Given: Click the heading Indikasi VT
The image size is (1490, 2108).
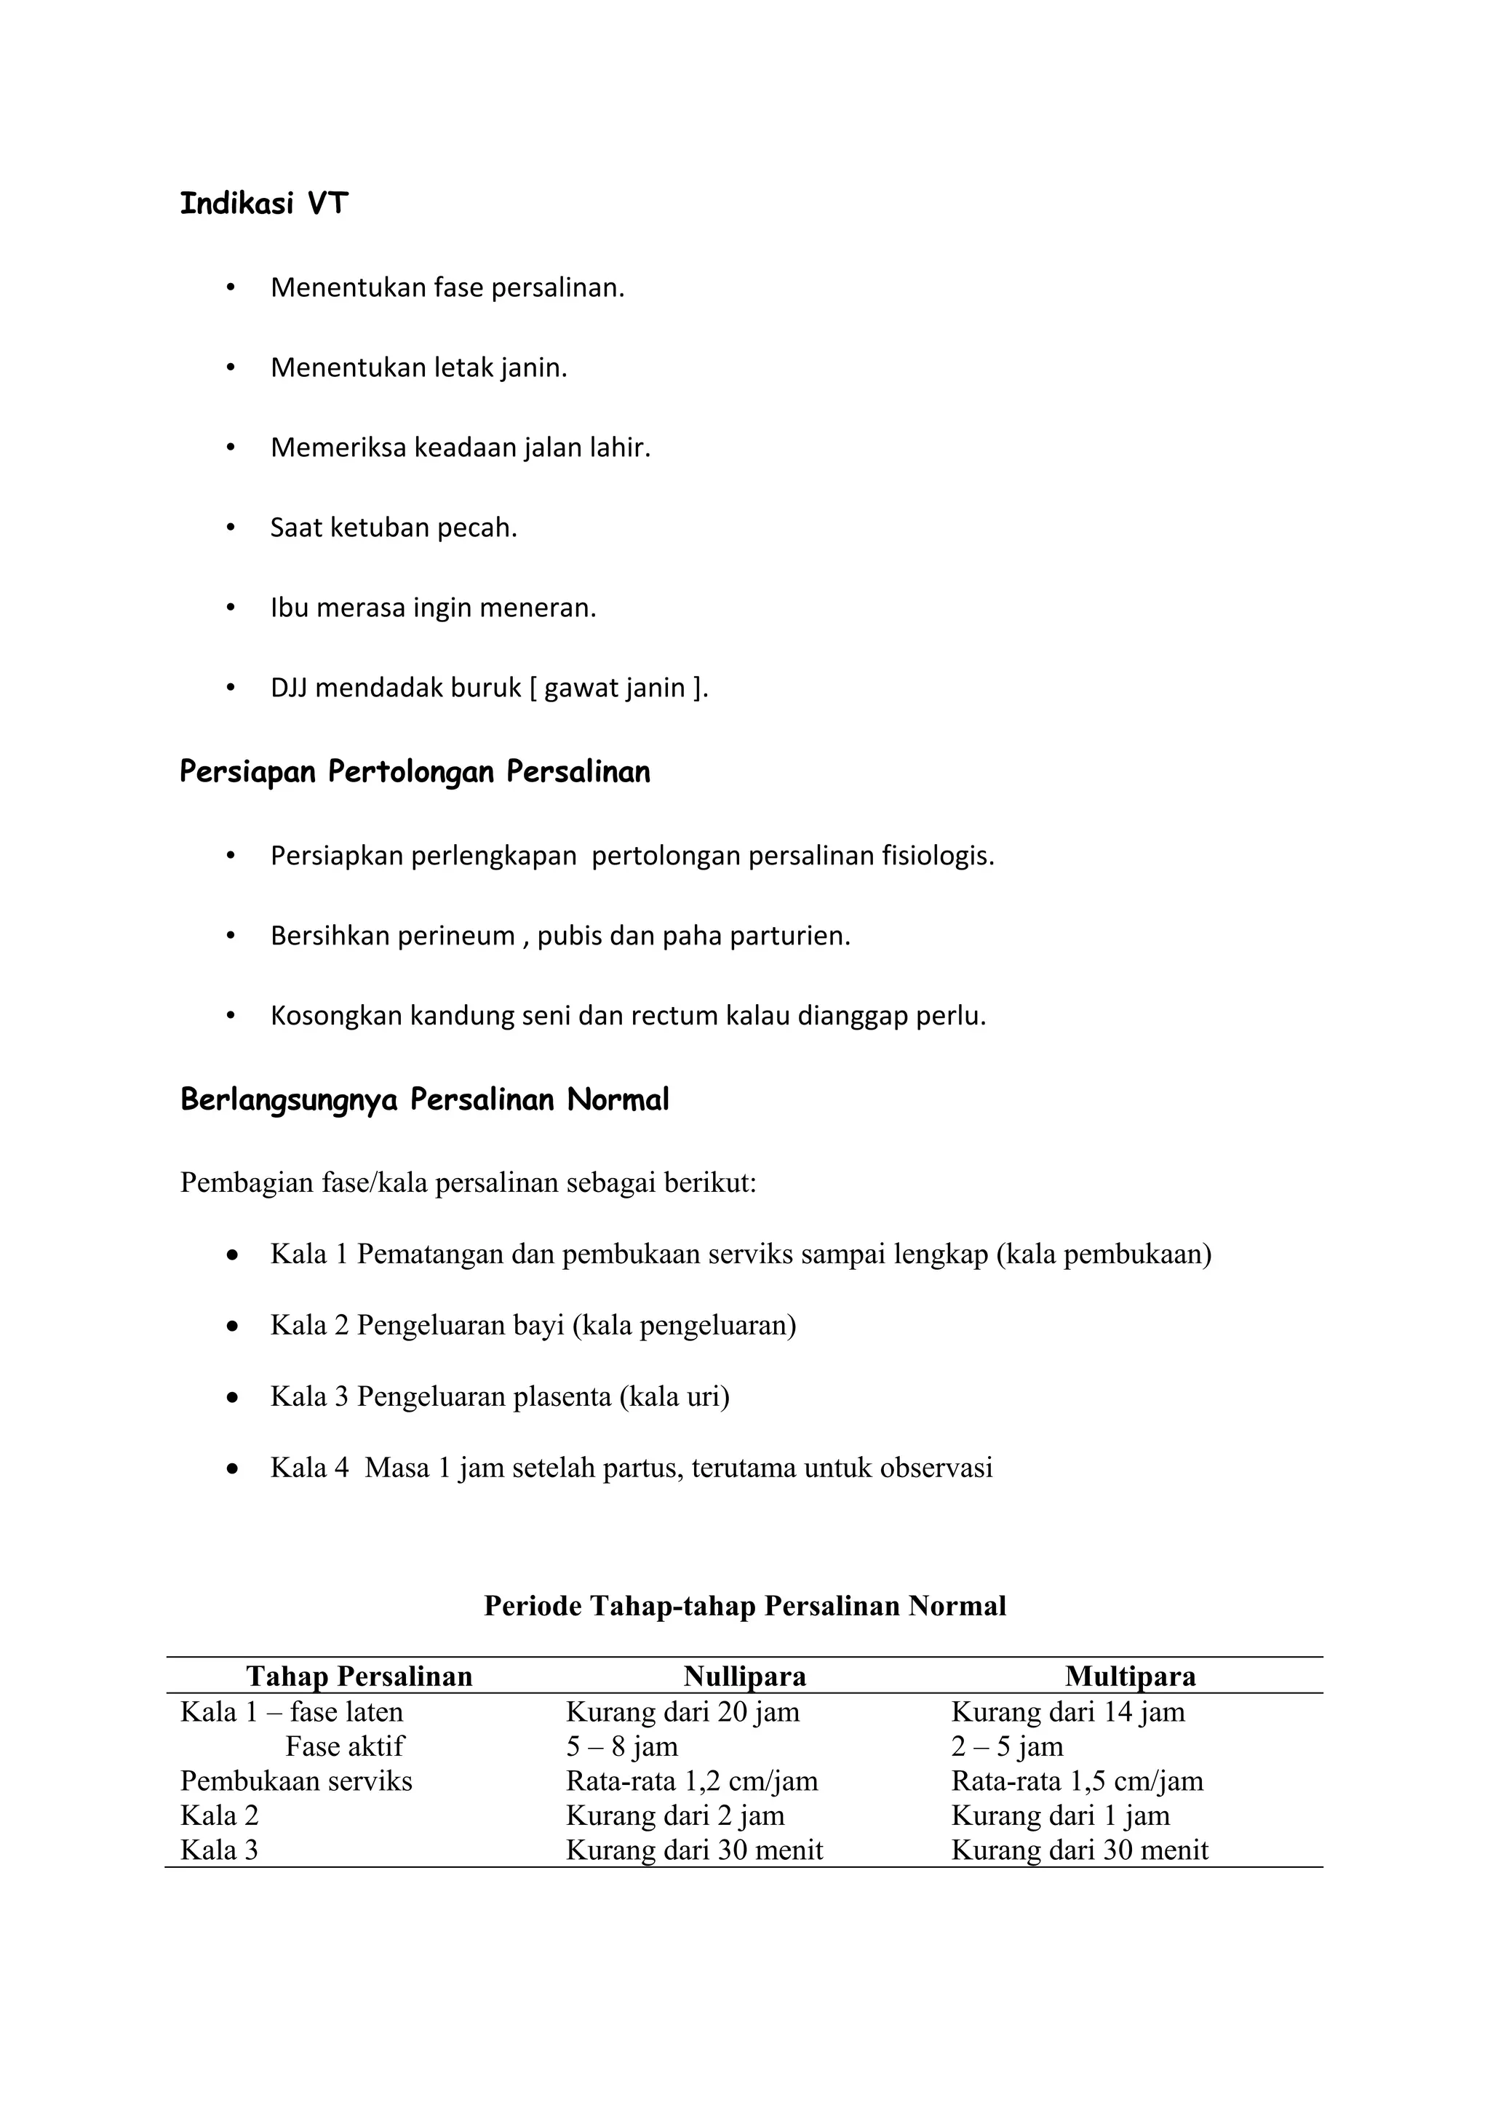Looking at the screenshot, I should click(x=263, y=204).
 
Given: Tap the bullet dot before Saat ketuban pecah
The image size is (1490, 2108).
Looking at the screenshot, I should click(x=231, y=528).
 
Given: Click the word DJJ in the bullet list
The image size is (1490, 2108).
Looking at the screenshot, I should click(x=288, y=688).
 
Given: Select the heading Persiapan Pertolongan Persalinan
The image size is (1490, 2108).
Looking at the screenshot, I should click(x=414, y=772).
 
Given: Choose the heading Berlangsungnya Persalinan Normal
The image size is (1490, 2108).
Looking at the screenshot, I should click(x=424, y=1100).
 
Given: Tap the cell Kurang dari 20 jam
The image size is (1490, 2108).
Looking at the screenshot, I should click(x=682, y=1711).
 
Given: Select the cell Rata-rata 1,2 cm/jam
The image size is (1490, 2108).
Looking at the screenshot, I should click(x=691, y=1781).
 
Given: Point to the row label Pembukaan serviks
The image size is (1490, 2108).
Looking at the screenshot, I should click(x=295, y=1781).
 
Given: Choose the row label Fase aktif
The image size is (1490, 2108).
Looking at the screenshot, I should click(x=344, y=1746).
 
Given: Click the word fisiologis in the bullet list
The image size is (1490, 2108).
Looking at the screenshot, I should click(x=937, y=856).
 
